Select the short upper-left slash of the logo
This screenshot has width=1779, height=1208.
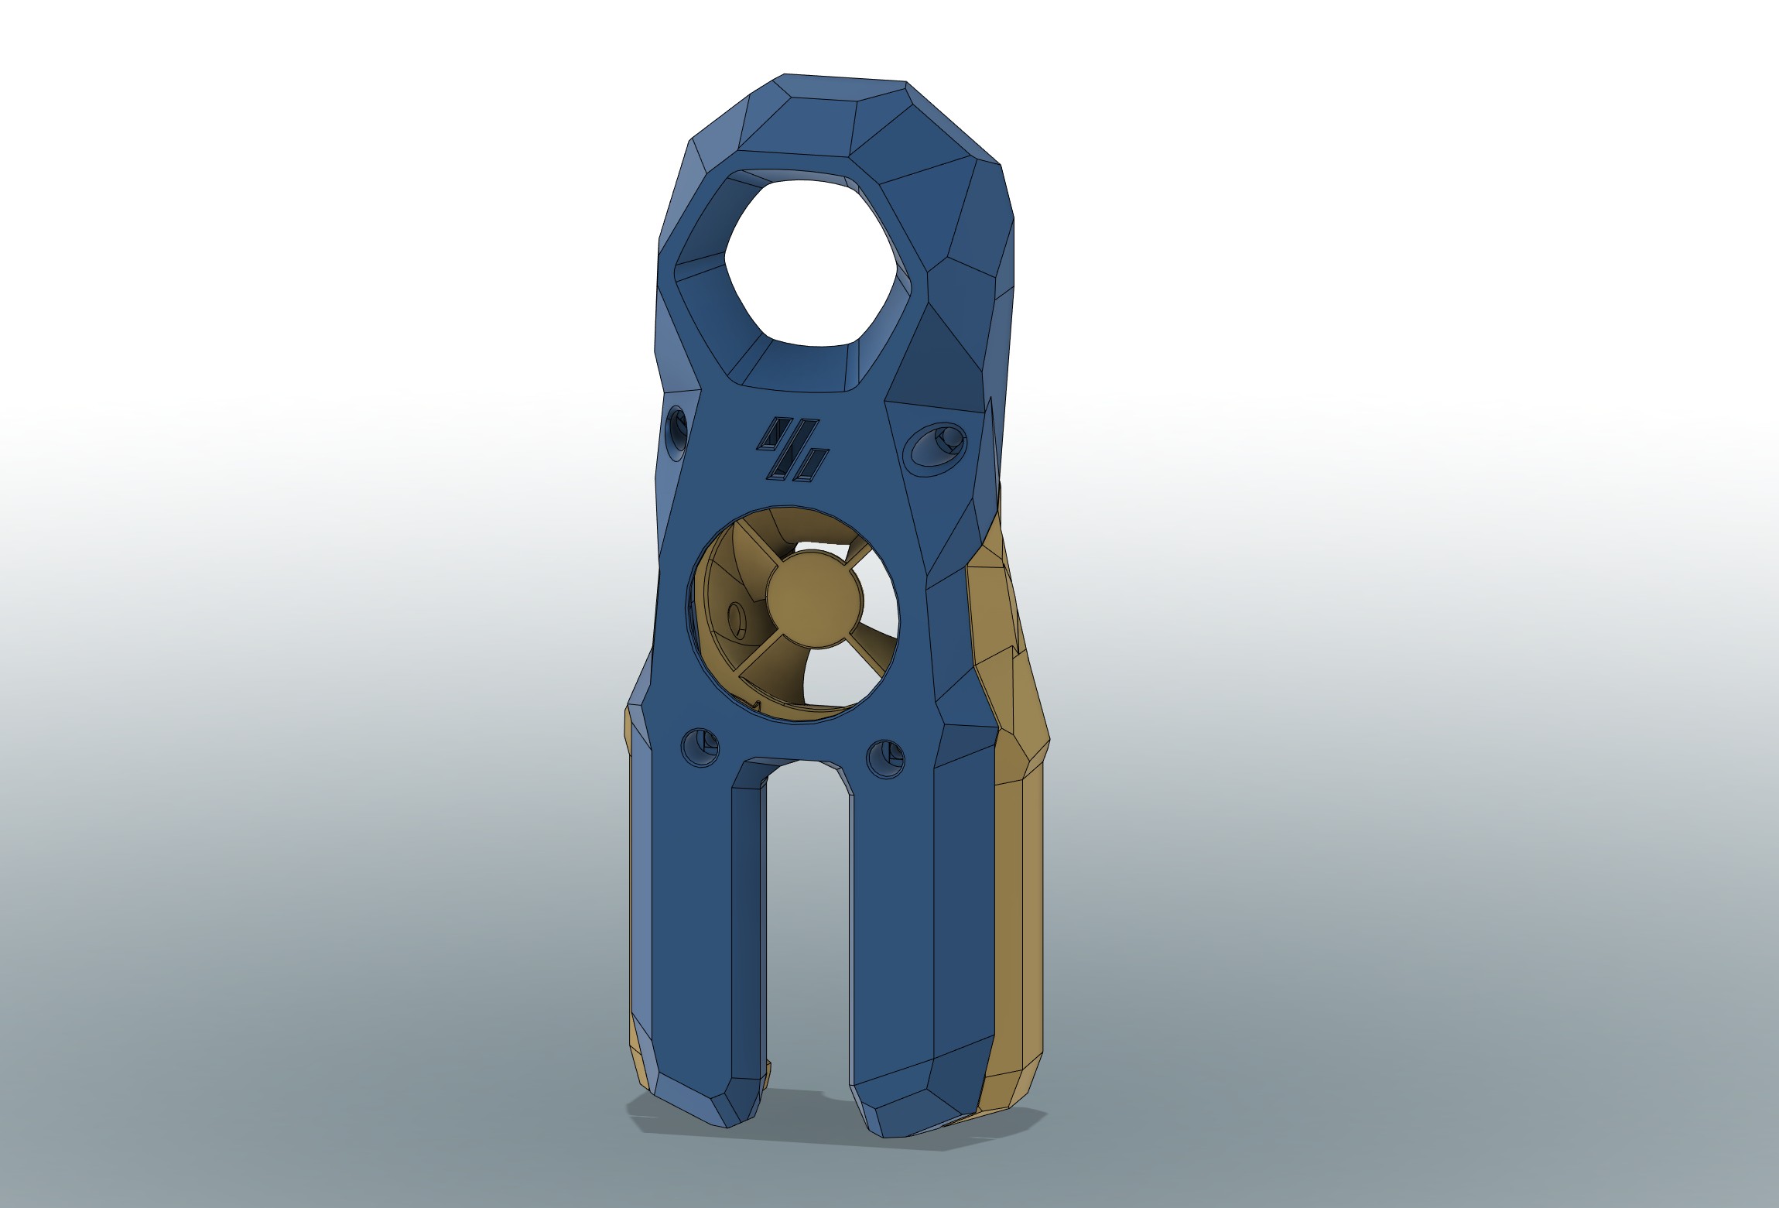pos(769,434)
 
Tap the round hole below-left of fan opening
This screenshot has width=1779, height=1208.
pos(700,746)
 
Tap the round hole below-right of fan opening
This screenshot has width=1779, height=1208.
pos(884,758)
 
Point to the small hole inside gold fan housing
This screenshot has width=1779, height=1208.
pos(736,618)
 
